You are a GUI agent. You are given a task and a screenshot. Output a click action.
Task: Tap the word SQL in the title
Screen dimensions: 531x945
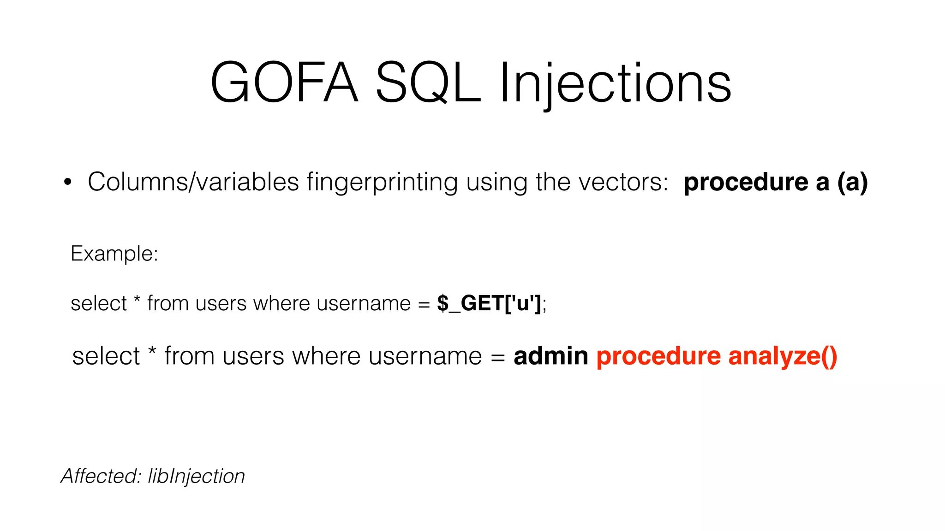(428, 83)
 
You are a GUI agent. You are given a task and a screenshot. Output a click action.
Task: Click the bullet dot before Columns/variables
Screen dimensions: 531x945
(68, 182)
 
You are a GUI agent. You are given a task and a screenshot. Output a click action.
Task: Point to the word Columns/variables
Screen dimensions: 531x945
(193, 182)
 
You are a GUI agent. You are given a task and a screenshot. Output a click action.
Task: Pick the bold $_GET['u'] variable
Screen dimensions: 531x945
(489, 303)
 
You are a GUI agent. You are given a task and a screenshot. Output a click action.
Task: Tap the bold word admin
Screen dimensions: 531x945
(550, 356)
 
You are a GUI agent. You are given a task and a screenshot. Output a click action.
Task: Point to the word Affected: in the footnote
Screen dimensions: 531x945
(101, 476)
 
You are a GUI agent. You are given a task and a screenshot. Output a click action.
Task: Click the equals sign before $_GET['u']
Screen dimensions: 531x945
(424, 304)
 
